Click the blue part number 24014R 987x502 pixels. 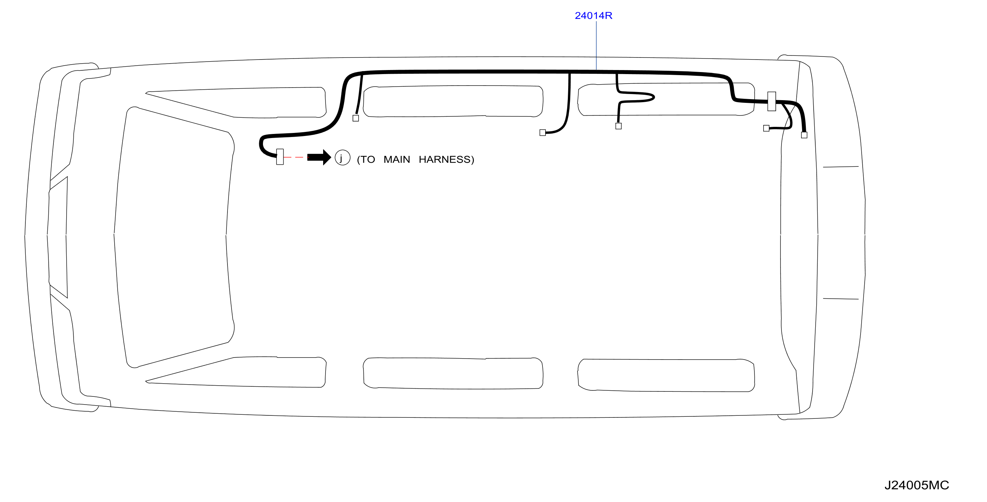(x=593, y=16)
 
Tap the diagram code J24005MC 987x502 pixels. (x=916, y=485)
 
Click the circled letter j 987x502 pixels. (x=342, y=158)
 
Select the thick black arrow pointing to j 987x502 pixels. (x=319, y=157)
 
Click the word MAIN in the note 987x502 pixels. (x=396, y=160)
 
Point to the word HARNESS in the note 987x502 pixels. (x=444, y=160)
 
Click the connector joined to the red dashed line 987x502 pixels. (x=280, y=157)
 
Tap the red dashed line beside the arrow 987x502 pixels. (x=296, y=157)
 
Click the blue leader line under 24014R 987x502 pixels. (x=596, y=45)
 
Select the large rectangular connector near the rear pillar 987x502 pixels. (x=772, y=101)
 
